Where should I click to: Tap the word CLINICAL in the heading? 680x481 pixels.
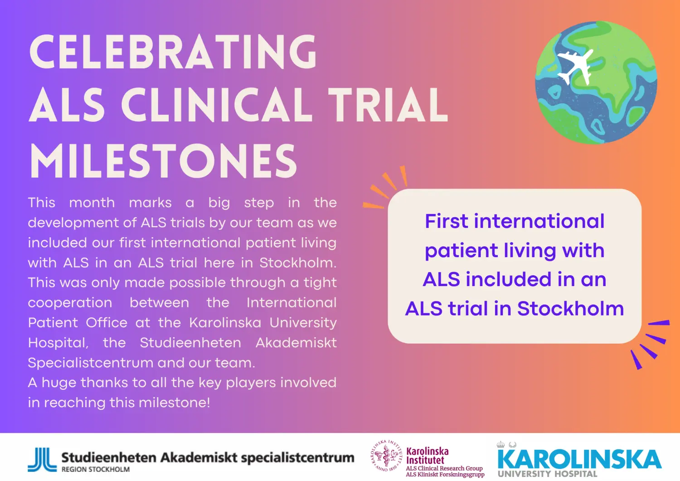[x=217, y=105]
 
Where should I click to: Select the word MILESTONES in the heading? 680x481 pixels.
[x=163, y=161]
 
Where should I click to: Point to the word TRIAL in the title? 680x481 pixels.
[x=388, y=105]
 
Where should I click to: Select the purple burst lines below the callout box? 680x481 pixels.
[x=651, y=345]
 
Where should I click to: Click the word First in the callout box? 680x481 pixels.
[x=446, y=222]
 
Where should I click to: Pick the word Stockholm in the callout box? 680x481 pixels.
[x=570, y=309]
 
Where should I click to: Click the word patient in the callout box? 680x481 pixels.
[x=461, y=251]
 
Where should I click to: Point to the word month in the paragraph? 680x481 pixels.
[x=92, y=203]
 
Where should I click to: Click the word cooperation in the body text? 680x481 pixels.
[x=70, y=303]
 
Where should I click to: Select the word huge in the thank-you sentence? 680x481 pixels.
[x=59, y=383]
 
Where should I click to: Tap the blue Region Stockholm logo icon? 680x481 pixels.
[x=42, y=460]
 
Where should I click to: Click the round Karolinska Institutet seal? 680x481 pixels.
[x=386, y=457]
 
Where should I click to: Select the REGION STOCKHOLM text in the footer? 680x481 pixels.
[x=96, y=470]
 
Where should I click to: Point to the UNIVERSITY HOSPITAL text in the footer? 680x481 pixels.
[x=547, y=474]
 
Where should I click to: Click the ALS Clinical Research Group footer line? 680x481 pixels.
[x=444, y=468]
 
